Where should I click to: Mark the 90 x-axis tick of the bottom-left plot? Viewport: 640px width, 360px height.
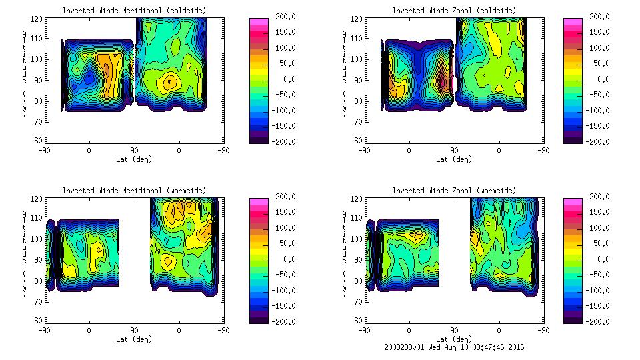tap(134, 330)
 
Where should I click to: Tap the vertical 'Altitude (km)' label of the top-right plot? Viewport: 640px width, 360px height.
tap(345, 73)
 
